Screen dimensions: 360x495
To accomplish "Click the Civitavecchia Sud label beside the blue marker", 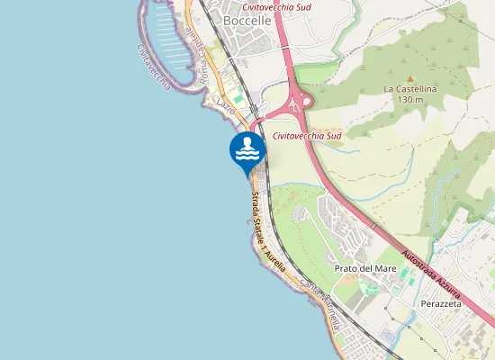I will (307, 136).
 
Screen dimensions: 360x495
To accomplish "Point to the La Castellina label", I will (409, 89).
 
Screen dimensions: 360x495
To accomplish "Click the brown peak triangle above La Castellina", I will (409, 77).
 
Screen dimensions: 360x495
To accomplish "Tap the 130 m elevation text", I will (409, 100).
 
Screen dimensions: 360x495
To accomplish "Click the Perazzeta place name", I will (441, 304).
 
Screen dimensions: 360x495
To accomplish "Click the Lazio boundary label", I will (226, 106).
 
